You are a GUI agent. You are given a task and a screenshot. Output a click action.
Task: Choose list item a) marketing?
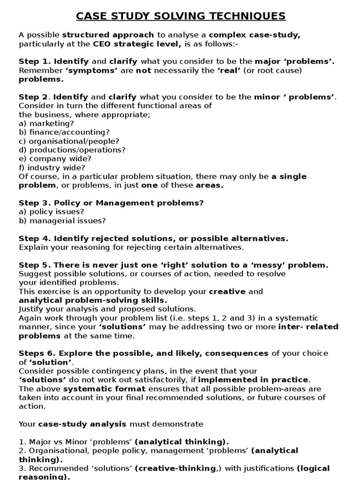(46, 123)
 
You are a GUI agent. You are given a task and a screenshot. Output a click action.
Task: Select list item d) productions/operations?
(72, 150)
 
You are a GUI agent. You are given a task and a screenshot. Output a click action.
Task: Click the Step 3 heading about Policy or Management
(111, 203)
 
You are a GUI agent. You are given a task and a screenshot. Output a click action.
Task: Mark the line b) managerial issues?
(62, 221)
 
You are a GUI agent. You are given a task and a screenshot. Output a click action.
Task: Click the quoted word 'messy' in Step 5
(278, 265)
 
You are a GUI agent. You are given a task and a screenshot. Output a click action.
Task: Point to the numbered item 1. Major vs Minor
(76, 442)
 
